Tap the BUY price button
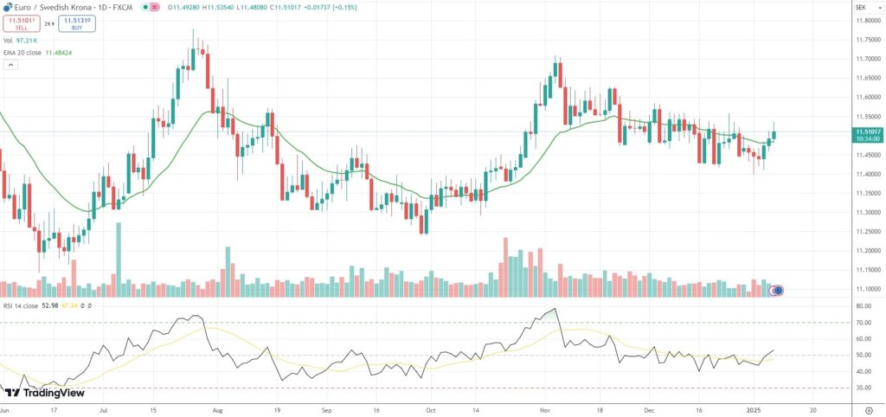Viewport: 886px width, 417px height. coord(79,24)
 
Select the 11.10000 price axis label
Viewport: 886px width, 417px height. coord(867,289)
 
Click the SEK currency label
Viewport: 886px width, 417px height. coord(861,6)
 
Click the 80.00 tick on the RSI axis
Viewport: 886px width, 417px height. coord(863,306)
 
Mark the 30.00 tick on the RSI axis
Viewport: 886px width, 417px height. coord(863,388)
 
